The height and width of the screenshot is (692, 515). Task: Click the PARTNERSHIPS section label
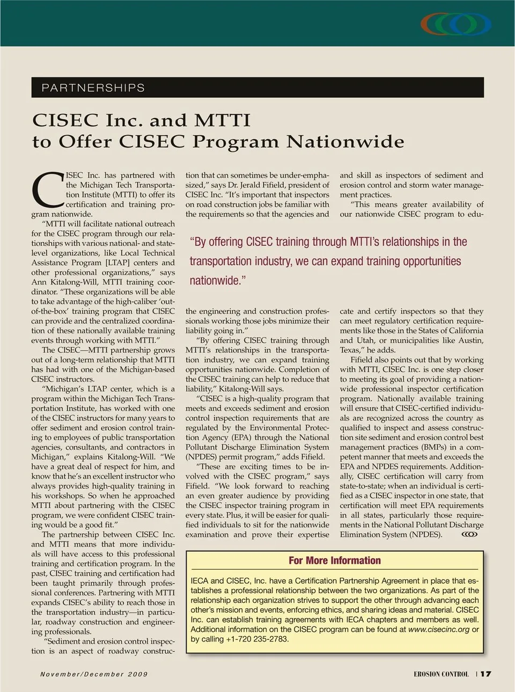(93, 88)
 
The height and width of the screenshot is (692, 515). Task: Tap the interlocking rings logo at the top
(456, 24)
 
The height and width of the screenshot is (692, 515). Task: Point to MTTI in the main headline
(222, 120)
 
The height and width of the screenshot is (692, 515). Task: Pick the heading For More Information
(335, 560)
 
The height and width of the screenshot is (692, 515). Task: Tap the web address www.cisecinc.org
(439, 629)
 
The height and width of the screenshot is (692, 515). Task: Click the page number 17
(486, 674)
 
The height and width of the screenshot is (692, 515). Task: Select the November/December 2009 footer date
(94, 674)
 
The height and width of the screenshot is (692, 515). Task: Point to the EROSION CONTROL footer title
(441, 674)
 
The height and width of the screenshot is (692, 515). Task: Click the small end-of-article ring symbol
(469, 535)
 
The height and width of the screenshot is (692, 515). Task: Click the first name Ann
(39, 282)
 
